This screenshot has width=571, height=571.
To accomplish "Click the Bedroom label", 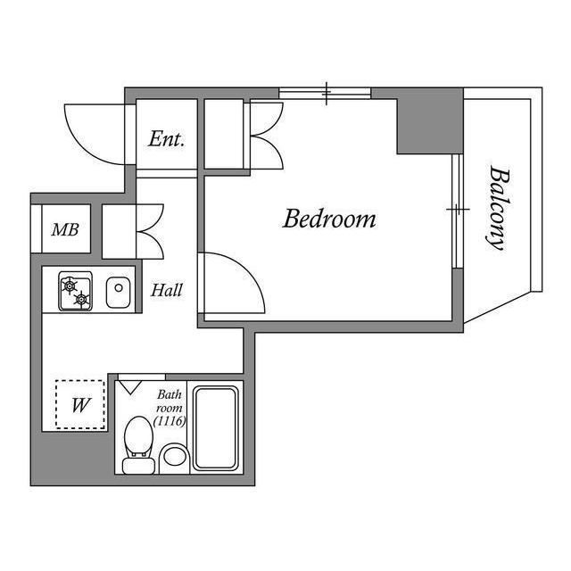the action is coord(329,219).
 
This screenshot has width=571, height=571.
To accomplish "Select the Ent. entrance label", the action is coord(166,139).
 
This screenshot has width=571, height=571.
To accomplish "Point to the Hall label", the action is coord(167,290).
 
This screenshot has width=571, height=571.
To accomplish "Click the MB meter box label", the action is coord(65,229).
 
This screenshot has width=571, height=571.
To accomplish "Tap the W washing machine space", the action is coord(80,404).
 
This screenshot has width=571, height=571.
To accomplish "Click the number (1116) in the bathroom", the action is coord(170,421).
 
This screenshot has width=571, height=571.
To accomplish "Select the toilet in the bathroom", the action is coord(138,445).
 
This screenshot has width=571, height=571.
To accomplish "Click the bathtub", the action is coord(216,428).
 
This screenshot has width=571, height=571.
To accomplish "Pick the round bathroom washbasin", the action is coord(175,456).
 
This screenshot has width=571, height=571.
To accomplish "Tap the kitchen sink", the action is coord(118,292).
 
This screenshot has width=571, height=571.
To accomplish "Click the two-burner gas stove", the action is coord(75,291).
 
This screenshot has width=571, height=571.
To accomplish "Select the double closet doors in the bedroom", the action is coord(266,135).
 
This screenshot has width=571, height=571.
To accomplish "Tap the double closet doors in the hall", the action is coord(150,231).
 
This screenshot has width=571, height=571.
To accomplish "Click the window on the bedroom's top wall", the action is coord(325,93).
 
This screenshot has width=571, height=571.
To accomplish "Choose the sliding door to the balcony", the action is coord(457,211).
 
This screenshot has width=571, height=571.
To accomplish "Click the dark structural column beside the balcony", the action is coord(430,121).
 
